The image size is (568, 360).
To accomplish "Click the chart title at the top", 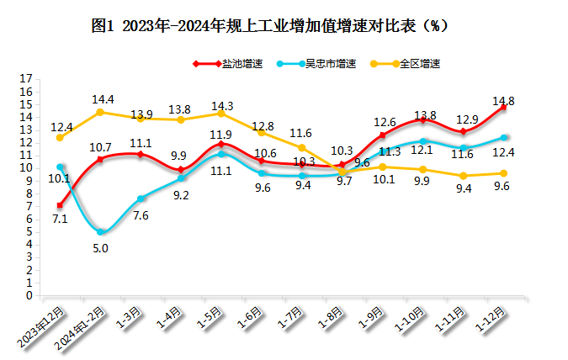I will coord(268,25).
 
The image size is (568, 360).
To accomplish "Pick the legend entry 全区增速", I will coord(420,63).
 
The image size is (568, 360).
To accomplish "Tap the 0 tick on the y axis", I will coord(29,295).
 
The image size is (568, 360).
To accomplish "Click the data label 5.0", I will coord(101,248).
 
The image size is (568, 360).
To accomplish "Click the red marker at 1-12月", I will coord(504,107).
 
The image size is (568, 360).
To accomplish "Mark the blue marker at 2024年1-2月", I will coord(101,231).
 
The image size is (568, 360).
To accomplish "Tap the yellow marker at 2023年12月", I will coord(60,137).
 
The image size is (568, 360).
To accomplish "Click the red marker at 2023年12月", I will coord(60,205).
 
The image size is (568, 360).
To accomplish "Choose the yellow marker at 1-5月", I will coord(221,113).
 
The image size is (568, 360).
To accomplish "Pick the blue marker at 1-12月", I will coord(504,137).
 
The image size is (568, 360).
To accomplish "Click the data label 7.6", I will coord(141,214).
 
